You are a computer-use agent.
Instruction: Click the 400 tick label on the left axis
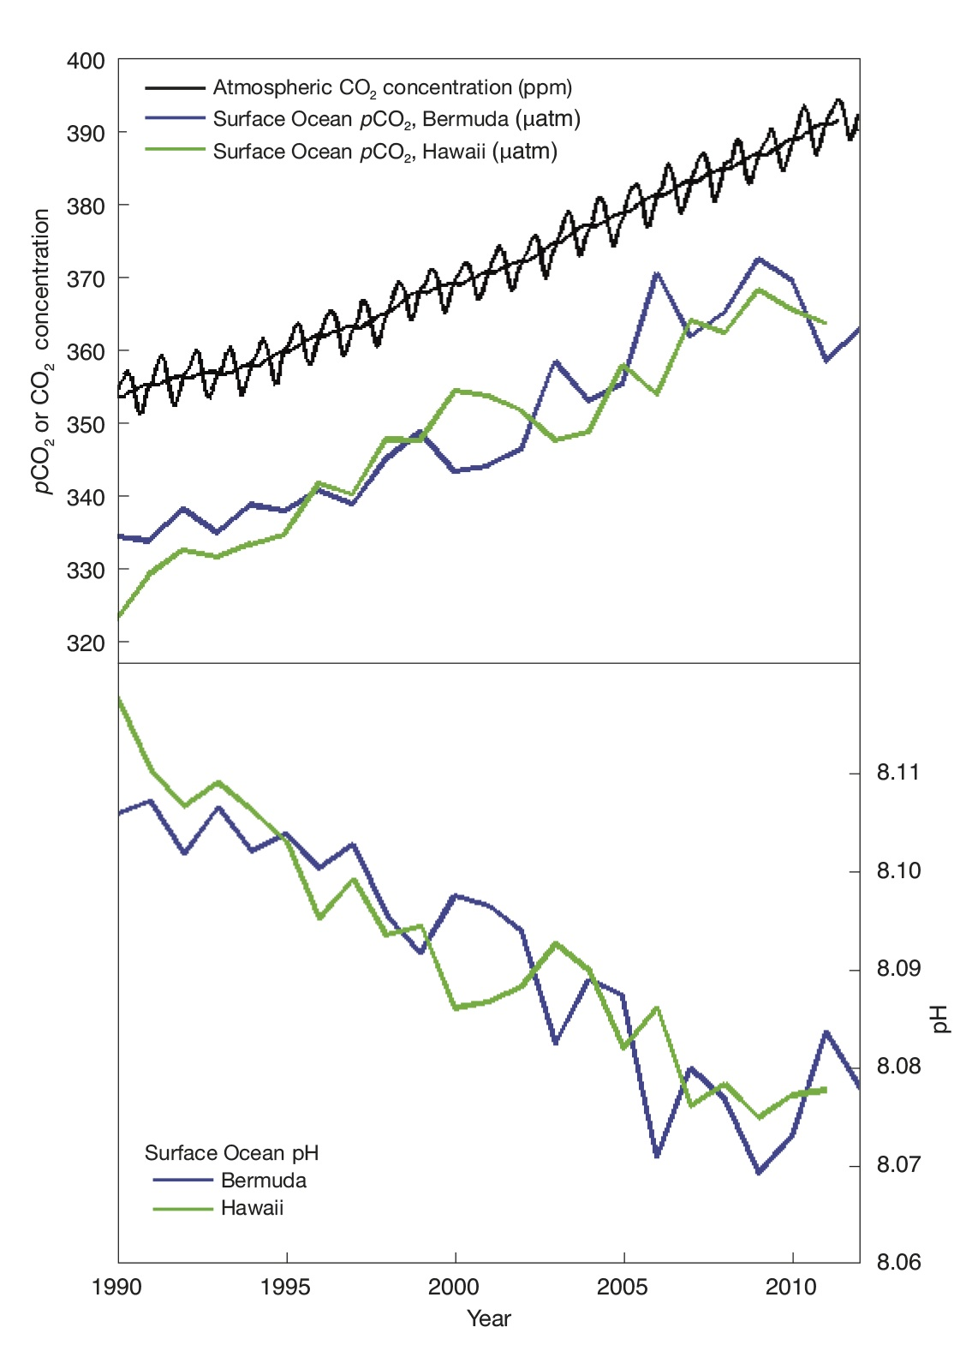(x=86, y=62)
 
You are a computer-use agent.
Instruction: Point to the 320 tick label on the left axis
(x=86, y=643)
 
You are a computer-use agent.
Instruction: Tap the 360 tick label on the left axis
(x=86, y=352)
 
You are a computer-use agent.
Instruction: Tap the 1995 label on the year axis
(x=286, y=1288)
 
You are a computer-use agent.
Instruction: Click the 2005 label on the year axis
(x=623, y=1288)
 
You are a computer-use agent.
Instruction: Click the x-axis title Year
(x=488, y=1319)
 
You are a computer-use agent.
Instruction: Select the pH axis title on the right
(x=940, y=1019)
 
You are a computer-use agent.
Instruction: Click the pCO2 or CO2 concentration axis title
(x=41, y=351)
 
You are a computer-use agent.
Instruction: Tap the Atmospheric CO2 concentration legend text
(x=392, y=87)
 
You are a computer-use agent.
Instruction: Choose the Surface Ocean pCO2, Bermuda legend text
(x=397, y=119)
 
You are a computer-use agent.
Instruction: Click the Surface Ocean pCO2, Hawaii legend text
(x=385, y=152)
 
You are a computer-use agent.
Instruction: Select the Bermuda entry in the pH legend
(x=263, y=1181)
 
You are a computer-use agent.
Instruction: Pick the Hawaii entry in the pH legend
(x=252, y=1208)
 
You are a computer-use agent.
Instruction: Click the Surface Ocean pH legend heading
(x=231, y=1153)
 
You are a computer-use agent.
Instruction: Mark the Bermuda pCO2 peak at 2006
(x=657, y=274)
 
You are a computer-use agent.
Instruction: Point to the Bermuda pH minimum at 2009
(x=759, y=1172)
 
